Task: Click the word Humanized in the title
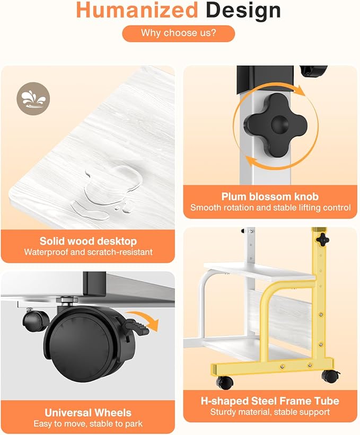(x=137, y=10)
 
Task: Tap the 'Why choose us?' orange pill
(x=179, y=33)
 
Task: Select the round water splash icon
(x=33, y=99)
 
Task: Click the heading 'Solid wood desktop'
(x=88, y=241)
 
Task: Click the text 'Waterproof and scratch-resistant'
(x=88, y=252)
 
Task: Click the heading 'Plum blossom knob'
(x=270, y=197)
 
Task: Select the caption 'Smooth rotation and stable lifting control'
(x=270, y=208)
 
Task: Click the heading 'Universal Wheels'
(x=88, y=413)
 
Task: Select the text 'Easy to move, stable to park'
(x=88, y=424)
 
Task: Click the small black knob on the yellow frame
(x=323, y=239)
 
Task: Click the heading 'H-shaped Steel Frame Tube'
(x=270, y=401)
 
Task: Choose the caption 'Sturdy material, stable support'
(x=270, y=412)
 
